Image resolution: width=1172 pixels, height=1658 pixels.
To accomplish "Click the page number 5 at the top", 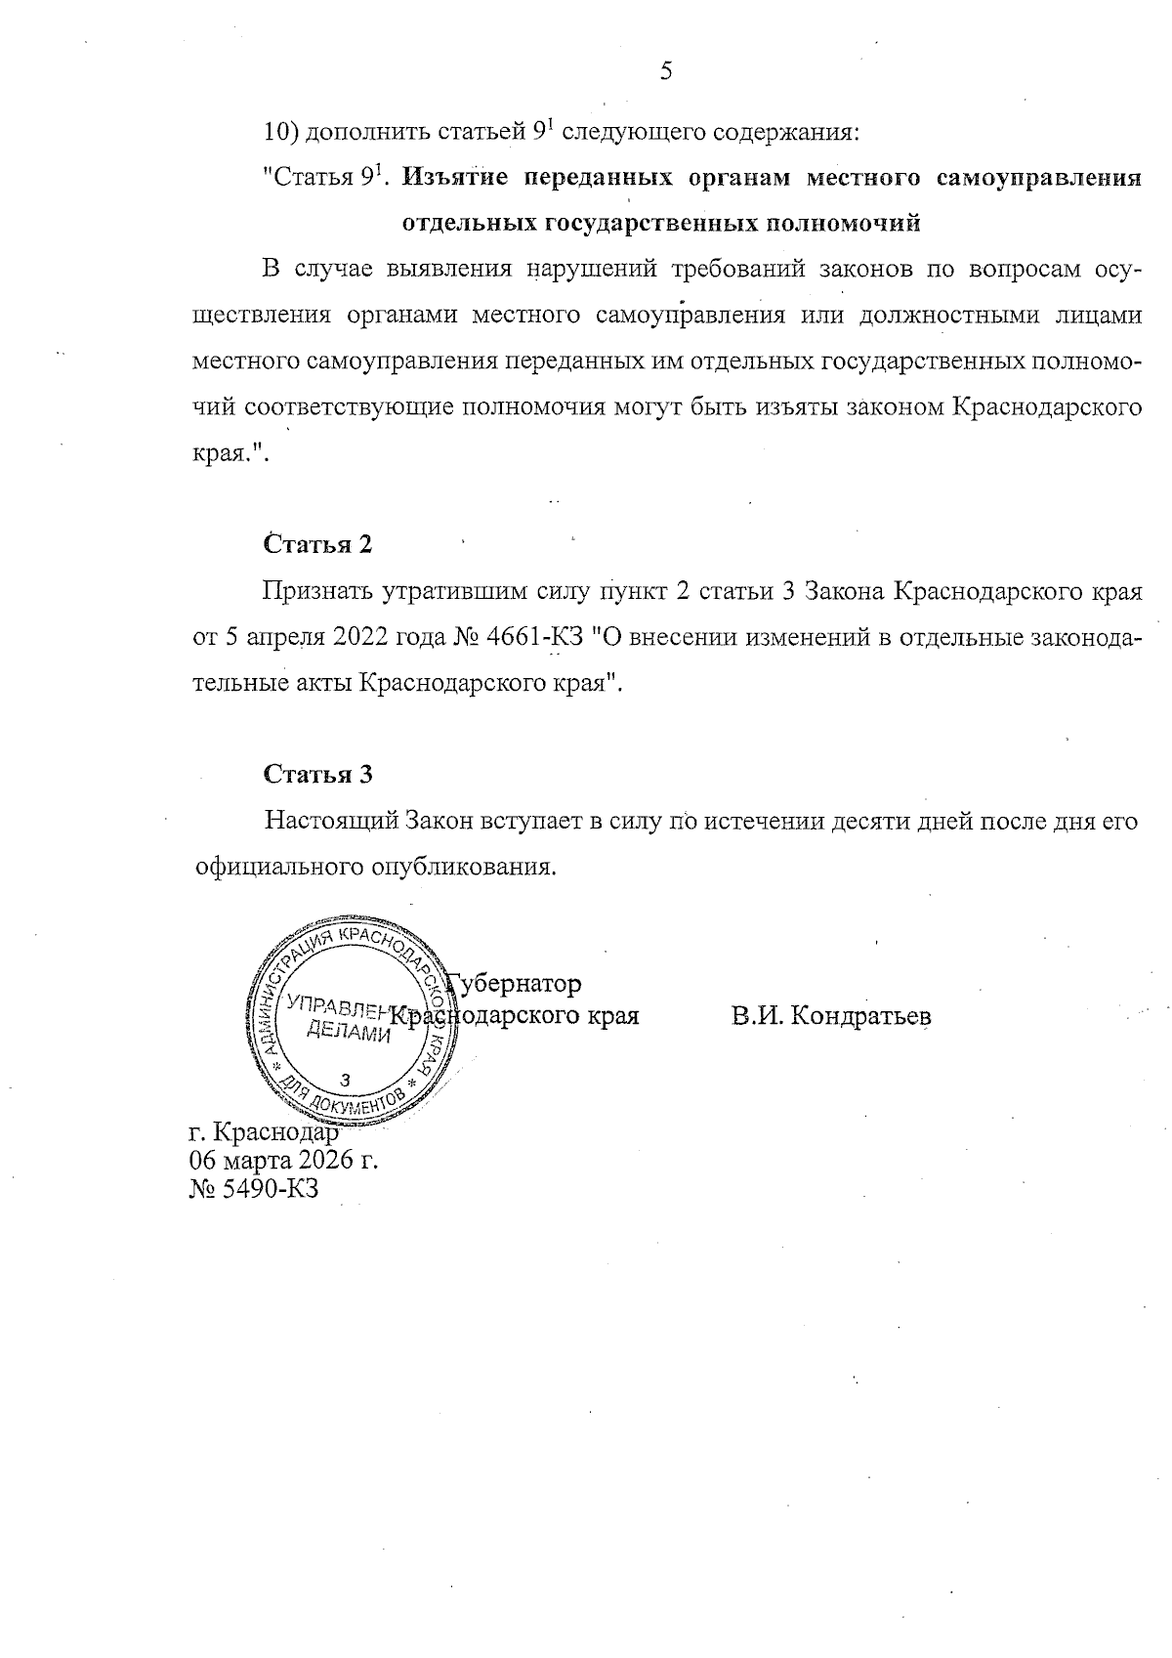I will coord(666,71).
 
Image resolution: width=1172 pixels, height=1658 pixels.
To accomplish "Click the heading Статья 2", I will coord(317,544).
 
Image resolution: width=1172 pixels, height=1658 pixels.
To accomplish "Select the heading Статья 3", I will coord(317,775).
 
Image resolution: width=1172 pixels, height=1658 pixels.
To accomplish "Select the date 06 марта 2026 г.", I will coord(283,1161).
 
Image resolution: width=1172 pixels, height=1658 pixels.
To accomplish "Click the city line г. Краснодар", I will coord(264,1133).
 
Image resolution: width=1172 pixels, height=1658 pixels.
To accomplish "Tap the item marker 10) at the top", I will coord(282,131).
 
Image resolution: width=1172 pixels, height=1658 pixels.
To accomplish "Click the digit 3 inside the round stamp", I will coord(344,1079).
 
